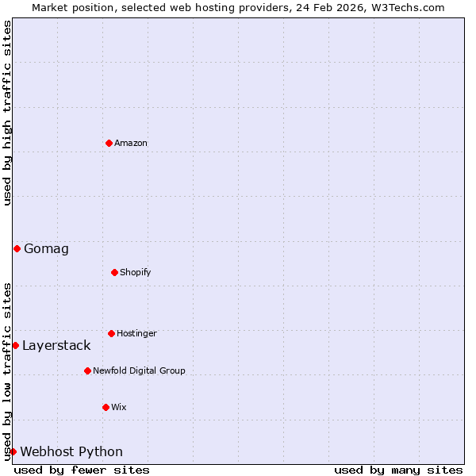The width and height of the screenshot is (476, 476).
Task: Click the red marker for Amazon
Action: coord(109,143)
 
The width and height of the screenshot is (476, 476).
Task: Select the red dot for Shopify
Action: coord(114,272)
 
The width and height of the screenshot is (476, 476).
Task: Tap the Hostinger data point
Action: coord(111,333)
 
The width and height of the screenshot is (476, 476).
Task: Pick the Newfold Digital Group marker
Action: coord(87,370)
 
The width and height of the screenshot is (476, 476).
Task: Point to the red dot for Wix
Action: coord(106,407)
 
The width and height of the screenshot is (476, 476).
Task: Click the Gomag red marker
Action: coord(17,248)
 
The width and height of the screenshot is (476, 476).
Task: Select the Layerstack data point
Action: coord(15,345)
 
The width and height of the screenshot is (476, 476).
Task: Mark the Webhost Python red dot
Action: coord(13,451)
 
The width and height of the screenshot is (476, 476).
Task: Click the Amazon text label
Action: coord(131,144)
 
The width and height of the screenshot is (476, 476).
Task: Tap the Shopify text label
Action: coord(136,273)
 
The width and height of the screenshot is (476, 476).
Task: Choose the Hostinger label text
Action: coord(136,334)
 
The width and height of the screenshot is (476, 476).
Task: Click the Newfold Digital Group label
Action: coord(139,371)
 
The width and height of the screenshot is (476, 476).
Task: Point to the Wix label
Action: coord(119,408)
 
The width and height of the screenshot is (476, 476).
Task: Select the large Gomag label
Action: coord(46,249)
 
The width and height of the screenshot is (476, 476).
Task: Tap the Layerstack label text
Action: coord(56,346)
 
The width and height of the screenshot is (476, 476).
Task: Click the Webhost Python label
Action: coord(71,452)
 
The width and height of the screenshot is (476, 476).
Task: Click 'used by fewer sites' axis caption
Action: coord(82,470)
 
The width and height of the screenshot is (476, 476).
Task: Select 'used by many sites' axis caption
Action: coord(398,470)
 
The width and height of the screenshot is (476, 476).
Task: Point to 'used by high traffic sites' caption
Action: coord(8,113)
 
